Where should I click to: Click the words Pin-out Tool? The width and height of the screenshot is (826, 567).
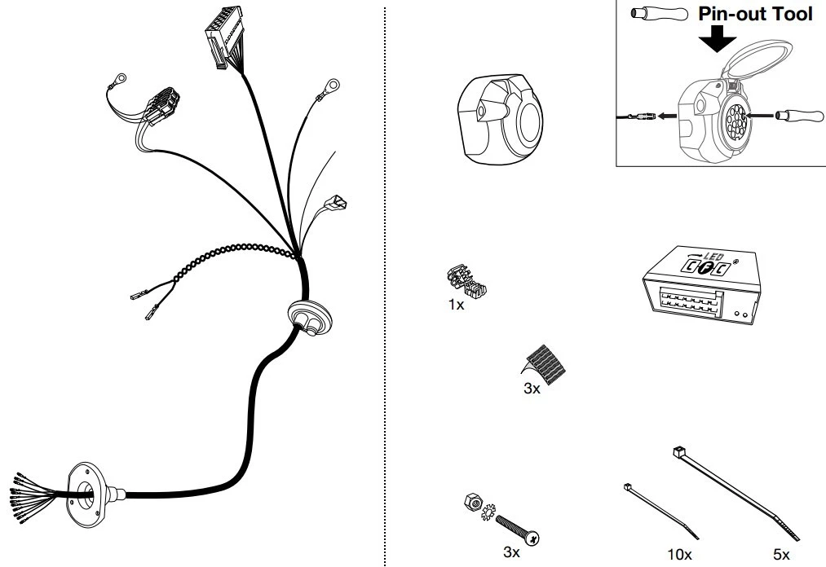click(755, 14)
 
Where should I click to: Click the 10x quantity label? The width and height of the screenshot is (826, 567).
click(679, 554)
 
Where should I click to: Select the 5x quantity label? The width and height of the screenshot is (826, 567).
click(782, 554)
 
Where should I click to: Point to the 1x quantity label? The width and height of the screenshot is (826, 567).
click(456, 305)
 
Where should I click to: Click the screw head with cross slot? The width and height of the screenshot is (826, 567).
click(532, 538)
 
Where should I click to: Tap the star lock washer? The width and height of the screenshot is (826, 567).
click(488, 512)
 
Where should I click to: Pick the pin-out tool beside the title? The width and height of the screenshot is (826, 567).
click(659, 14)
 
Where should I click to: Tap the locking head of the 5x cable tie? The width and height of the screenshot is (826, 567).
click(678, 451)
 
